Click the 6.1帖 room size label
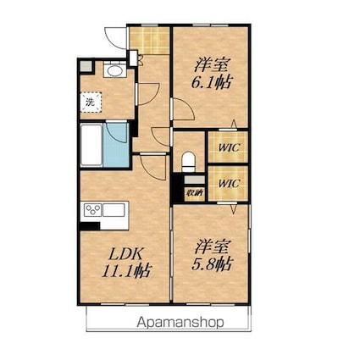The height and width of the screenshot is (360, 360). pyautogui.click(x=212, y=82)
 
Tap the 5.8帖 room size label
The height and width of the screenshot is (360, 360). pyautogui.click(x=212, y=264)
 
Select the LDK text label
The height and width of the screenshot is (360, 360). pyautogui.click(x=125, y=254)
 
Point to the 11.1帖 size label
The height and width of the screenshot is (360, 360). pyautogui.click(x=126, y=271)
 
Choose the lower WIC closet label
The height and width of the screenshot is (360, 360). pyautogui.click(x=230, y=184)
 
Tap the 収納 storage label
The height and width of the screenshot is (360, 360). pyautogui.click(x=194, y=194)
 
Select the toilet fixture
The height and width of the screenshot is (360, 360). pyautogui.click(x=189, y=162)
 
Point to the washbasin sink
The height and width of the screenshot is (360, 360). pyautogui.click(x=114, y=70)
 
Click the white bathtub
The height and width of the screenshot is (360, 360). pyautogui.click(x=91, y=145)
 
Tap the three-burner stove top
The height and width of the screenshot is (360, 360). pyautogui.click(x=93, y=210)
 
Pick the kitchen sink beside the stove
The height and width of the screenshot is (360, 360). pyautogui.click(x=114, y=210)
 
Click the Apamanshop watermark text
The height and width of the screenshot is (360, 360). pyautogui.click(x=180, y=322)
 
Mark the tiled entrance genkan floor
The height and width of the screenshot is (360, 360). pyautogui.click(x=149, y=41)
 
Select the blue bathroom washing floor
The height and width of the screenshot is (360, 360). pyautogui.click(x=116, y=145)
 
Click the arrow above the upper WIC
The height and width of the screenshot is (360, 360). pyautogui.click(x=234, y=125)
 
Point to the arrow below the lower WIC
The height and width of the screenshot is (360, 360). pyautogui.click(x=234, y=208)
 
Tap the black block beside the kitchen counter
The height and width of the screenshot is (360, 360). pyautogui.click(x=90, y=226)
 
